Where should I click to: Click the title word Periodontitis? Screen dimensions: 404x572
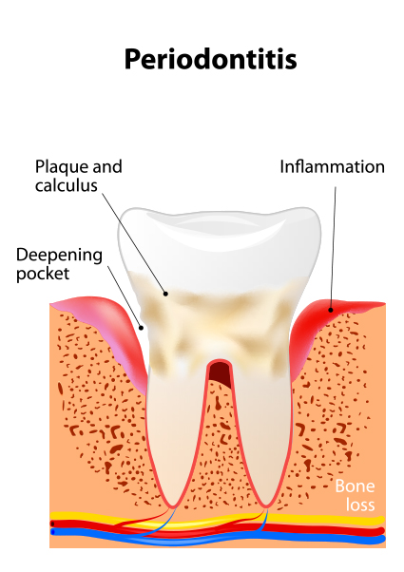pos(211,59)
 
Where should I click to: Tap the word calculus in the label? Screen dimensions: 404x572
pos(67,185)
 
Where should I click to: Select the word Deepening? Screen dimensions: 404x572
pos(59,256)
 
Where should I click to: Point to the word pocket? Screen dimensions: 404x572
pos(43,274)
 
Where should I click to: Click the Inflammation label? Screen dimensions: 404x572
pos(332,167)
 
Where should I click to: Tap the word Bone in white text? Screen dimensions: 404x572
pos(355,486)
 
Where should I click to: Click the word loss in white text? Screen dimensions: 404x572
pos(360,505)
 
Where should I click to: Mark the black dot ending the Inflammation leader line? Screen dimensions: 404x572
pos(331,310)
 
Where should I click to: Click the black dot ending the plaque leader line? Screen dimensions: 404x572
pos(165,294)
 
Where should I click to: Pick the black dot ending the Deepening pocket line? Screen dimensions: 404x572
pos(142,328)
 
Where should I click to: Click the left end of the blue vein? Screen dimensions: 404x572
pos(53,532)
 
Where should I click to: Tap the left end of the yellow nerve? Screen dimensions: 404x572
pos(52,515)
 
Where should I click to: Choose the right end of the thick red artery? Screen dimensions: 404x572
pos(382,531)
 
